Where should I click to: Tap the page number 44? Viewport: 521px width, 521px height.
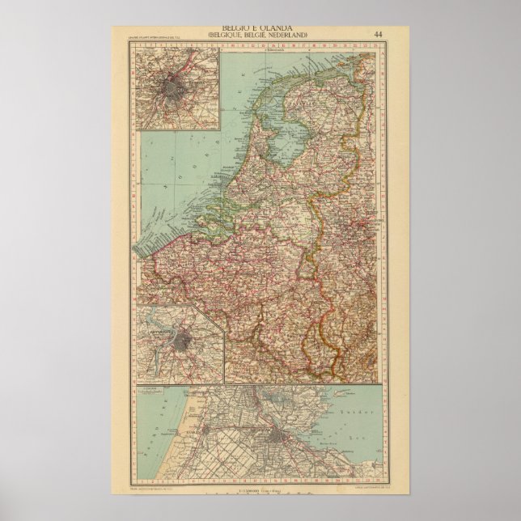coord(379,34)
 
